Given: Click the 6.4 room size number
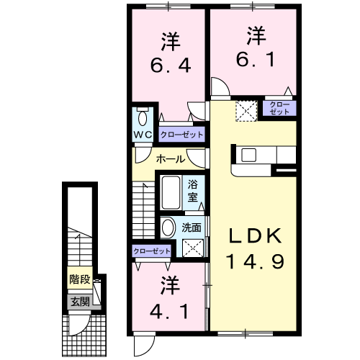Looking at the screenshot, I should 170,68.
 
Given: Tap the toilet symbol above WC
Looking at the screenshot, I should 142,117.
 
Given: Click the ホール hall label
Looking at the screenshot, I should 170,158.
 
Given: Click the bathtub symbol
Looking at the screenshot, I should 170,192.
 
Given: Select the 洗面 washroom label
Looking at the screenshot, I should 192,228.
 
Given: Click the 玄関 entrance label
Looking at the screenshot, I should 79,301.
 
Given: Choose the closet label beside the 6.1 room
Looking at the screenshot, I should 279,109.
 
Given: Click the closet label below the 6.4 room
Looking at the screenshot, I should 181,134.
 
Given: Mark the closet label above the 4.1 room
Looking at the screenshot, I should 152,251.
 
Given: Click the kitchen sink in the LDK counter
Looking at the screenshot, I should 249,154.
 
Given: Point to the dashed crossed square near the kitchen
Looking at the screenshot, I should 247,111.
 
